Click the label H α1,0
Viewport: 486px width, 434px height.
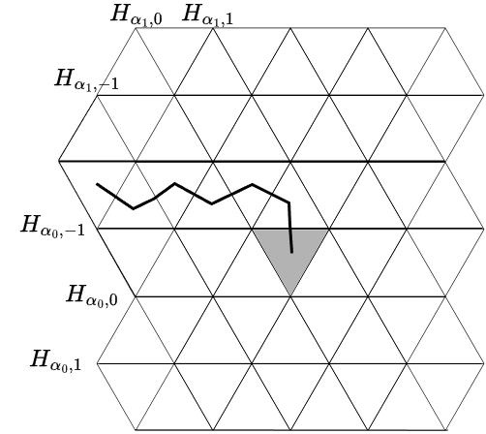click(x=136, y=15)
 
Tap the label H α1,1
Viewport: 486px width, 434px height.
click(x=207, y=15)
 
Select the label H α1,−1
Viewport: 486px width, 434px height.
click(x=86, y=79)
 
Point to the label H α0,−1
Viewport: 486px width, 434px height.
click(x=52, y=226)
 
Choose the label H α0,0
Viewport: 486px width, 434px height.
click(x=92, y=295)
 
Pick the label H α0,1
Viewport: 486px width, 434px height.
click(x=55, y=359)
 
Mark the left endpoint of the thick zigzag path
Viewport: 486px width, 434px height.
click(x=97, y=184)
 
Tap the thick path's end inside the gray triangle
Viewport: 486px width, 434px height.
click(x=292, y=252)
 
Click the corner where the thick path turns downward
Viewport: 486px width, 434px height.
click(x=289, y=202)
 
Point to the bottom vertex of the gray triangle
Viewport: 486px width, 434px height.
click(x=290, y=295)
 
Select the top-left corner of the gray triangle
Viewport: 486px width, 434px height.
click(x=253, y=230)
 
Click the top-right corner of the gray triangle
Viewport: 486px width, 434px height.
click(x=329, y=230)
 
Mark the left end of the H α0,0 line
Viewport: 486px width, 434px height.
click(x=136, y=296)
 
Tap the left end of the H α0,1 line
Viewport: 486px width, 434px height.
click(x=97, y=363)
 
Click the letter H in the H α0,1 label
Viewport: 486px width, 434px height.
click(x=40, y=358)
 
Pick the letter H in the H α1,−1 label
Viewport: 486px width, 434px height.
click(x=63, y=77)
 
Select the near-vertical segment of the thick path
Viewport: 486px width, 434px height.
click(x=290, y=228)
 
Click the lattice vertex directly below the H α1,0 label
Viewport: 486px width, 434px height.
click(x=136, y=28)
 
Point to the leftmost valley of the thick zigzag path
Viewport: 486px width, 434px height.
click(x=134, y=208)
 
